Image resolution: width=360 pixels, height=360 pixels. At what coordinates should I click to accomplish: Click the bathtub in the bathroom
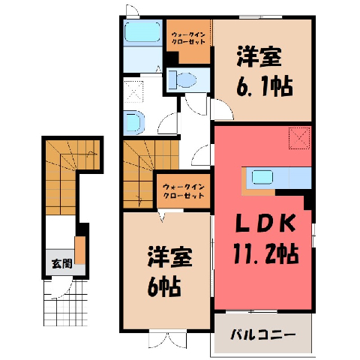(142, 32)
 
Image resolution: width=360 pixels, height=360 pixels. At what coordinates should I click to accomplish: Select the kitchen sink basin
(262, 177)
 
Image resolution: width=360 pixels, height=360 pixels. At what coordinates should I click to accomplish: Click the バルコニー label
(262, 335)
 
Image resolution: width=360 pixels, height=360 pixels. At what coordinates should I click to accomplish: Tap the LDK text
(265, 223)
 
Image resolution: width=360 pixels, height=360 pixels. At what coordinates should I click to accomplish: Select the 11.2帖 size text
(266, 253)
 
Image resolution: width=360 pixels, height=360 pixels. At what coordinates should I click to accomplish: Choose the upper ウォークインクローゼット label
(188, 38)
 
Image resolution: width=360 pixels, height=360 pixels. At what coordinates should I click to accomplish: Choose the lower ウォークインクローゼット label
(184, 191)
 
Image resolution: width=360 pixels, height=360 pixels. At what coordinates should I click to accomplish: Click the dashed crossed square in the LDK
(299, 138)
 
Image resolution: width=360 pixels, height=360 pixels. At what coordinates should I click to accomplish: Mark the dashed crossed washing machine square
(133, 91)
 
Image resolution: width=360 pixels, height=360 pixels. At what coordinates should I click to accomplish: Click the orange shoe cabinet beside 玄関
(80, 250)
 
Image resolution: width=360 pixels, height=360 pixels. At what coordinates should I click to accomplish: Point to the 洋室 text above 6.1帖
(259, 56)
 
